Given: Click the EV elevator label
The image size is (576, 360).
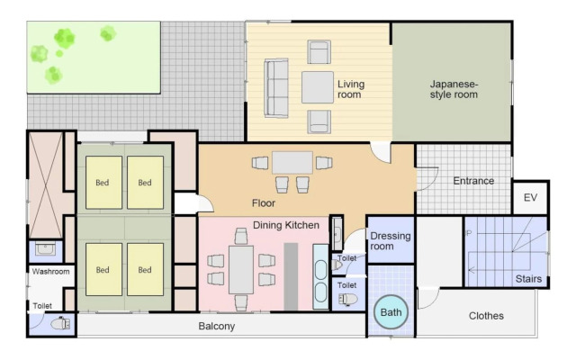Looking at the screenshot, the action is click(x=530, y=198).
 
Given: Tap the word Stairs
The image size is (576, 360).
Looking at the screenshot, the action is click(x=528, y=279).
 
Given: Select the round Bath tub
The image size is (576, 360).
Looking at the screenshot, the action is click(x=391, y=312).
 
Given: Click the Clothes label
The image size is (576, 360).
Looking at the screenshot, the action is click(x=486, y=316).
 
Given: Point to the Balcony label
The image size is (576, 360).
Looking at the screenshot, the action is click(x=216, y=326).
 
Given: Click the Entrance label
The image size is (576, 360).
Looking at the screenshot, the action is click(x=473, y=181).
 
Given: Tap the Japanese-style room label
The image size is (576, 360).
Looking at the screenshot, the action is click(x=454, y=89).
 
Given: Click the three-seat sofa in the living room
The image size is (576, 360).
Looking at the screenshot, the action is click(x=276, y=88).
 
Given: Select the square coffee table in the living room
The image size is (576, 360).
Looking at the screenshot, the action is click(x=318, y=87).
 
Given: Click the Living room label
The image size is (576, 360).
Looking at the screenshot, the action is click(x=351, y=89).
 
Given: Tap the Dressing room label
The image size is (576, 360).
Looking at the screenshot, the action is click(x=390, y=241).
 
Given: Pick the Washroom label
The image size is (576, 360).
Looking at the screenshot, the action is click(x=50, y=272).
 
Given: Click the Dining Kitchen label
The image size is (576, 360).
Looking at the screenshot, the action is click(x=286, y=225).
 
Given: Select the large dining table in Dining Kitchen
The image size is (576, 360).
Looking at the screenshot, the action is click(x=241, y=270).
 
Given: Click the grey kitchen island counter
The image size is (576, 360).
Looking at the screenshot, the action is click(x=291, y=276).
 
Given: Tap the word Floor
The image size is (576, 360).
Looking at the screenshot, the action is click(x=264, y=203).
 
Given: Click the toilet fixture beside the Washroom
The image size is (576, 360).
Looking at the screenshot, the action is click(x=60, y=324).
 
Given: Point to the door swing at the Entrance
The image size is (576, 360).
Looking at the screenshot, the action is click(x=427, y=179).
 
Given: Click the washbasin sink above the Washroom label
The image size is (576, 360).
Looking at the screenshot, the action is click(x=45, y=249).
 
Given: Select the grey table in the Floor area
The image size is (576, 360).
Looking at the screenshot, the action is click(x=292, y=162).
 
